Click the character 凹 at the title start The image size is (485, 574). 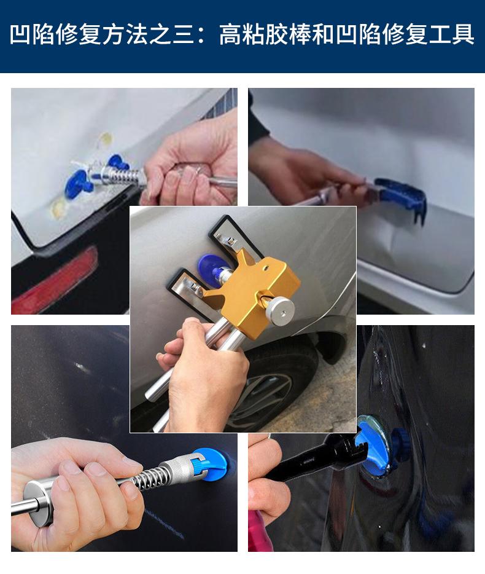point(20,35)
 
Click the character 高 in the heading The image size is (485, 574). point(230,35)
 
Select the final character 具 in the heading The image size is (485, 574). point(464,35)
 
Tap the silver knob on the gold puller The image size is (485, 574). point(280,309)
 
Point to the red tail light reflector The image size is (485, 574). point(55,282)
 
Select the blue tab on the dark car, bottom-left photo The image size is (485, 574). point(212,463)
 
